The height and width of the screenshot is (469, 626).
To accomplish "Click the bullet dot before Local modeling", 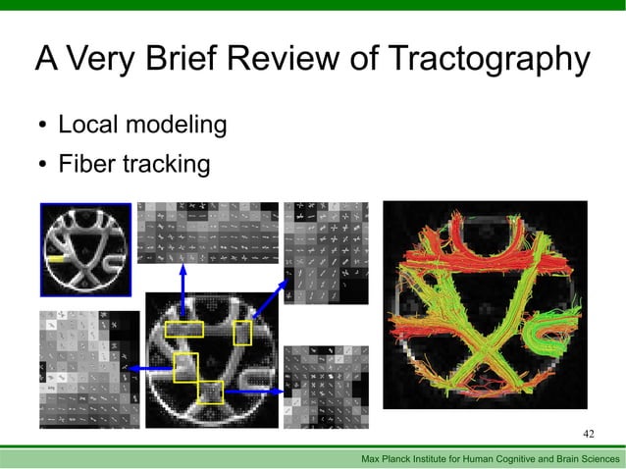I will pos(43,126).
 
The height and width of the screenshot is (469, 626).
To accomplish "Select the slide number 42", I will pos(589,434).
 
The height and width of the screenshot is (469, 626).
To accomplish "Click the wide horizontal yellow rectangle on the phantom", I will pos(183,329).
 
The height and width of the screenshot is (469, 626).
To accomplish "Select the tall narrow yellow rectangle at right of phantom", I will pos(242,334).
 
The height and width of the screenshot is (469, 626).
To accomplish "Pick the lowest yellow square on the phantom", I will pos(211,391).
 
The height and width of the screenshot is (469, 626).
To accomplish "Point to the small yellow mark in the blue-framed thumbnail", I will pos(58,258).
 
